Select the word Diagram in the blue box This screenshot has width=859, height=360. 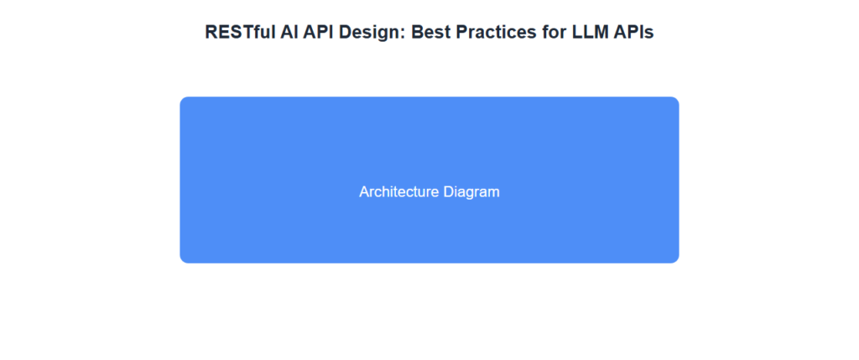click(x=471, y=192)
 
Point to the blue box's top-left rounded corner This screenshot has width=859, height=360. click(x=183, y=100)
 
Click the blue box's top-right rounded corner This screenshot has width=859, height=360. click(x=676, y=100)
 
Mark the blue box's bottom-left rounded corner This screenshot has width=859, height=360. click(x=183, y=260)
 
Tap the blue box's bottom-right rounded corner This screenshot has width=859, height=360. click(x=676, y=260)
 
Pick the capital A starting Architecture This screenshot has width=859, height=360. click(x=364, y=192)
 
